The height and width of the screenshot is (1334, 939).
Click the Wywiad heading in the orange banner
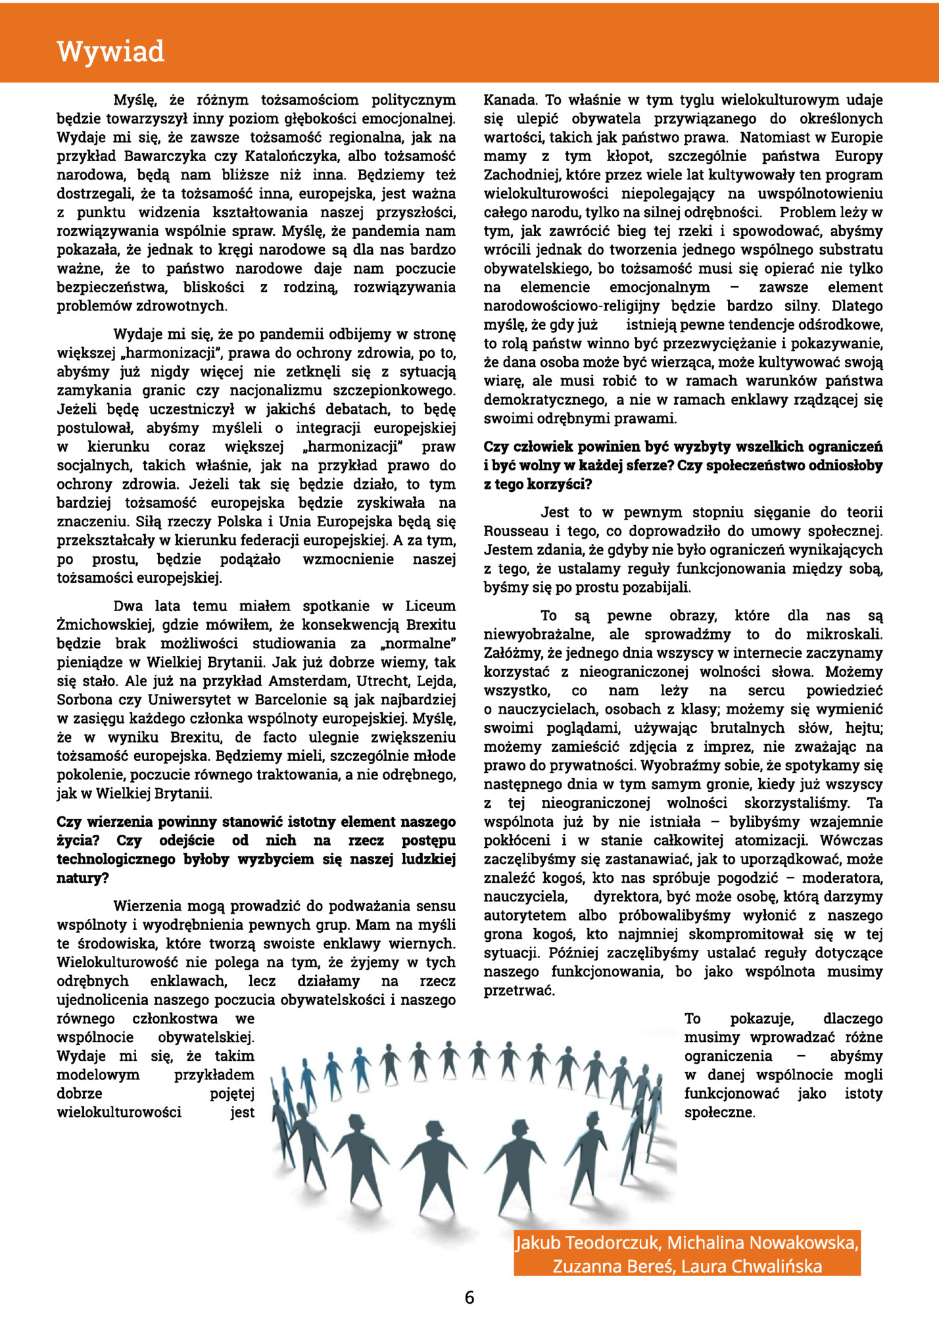click(x=110, y=52)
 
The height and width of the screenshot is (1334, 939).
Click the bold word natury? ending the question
click(x=83, y=878)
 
